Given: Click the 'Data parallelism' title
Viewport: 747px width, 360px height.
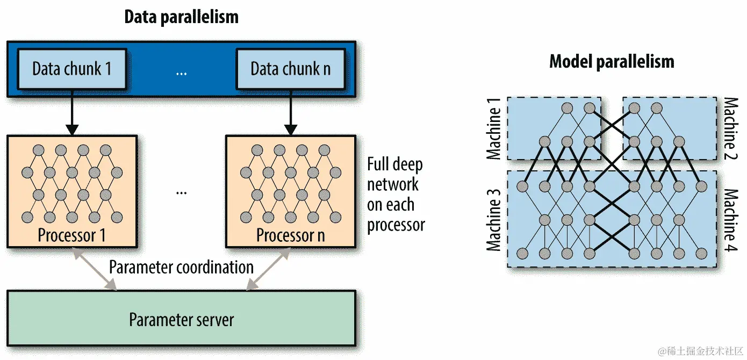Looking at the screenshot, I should (181, 17).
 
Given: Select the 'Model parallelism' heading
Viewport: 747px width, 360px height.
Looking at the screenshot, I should (611, 61).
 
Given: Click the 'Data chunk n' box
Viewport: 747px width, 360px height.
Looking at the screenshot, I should (290, 69).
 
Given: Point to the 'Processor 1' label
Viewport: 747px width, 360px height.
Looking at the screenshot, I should (72, 235).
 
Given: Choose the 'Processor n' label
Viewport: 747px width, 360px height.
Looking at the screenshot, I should (290, 235).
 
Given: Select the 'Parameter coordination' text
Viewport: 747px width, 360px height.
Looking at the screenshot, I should (181, 267).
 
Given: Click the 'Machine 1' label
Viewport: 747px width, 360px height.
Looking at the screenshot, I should (493, 129).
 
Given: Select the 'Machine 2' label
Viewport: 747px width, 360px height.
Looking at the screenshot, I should (730, 129).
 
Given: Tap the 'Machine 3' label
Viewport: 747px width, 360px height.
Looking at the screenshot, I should (493, 220).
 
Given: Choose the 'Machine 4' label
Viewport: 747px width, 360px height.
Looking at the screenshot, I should (730, 220).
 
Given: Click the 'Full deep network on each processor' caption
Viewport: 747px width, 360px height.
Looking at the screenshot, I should (396, 195).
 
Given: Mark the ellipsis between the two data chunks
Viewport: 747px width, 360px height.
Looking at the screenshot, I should (181, 71).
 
